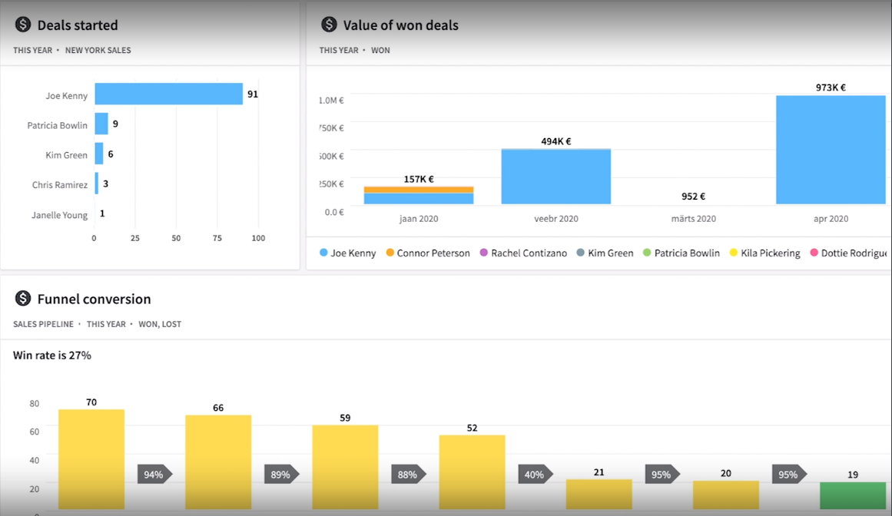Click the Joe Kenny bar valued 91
coord(168,94)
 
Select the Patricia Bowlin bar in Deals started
coord(101,124)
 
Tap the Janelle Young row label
coord(59,215)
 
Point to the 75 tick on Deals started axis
coord(217,238)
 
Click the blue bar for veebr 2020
coord(555,177)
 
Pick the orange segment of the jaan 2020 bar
coord(419,190)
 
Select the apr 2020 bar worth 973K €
coord(831,150)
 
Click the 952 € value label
coord(693,197)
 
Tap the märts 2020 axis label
coord(693,219)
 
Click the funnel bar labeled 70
coord(91,458)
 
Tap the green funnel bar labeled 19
coord(852,495)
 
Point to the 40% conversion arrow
coord(535,475)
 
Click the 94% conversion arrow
coord(154,475)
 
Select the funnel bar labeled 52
coord(472,471)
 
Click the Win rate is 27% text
coord(52,356)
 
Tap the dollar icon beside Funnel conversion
coord(23,299)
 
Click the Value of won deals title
coord(400,25)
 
